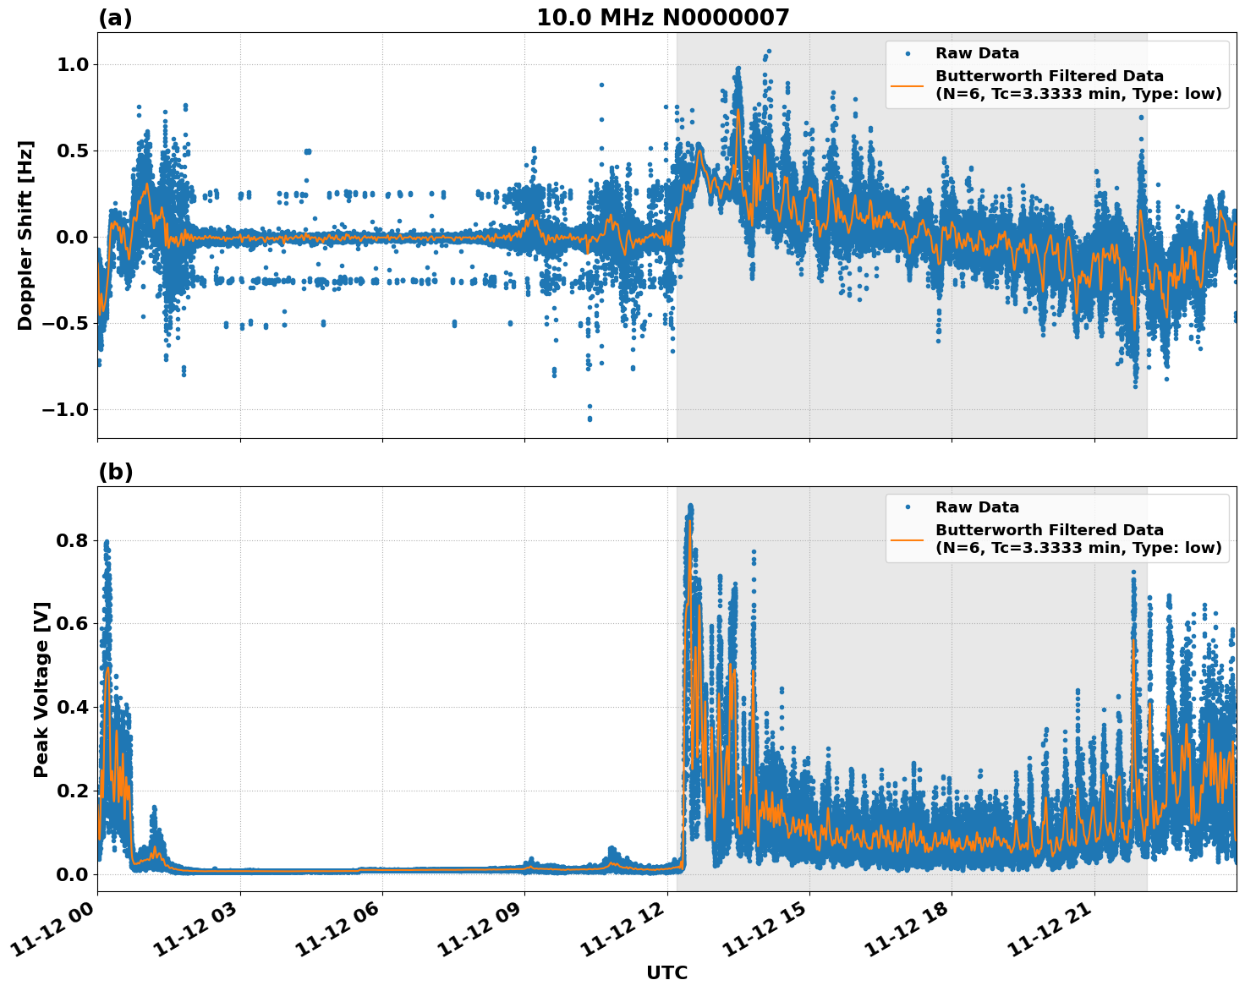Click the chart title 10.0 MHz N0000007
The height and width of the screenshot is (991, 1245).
[662, 18]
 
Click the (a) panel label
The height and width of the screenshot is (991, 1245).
[115, 18]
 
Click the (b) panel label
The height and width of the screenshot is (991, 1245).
[115, 472]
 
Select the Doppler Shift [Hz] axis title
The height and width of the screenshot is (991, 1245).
[25, 235]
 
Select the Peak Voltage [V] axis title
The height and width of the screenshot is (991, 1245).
[41, 689]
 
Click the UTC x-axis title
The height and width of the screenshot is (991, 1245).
[666, 972]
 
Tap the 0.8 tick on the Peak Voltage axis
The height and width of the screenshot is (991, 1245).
[73, 540]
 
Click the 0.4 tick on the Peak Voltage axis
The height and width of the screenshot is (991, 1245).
[73, 707]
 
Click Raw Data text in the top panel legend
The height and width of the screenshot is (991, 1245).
[977, 53]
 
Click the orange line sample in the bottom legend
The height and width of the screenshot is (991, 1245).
[908, 539]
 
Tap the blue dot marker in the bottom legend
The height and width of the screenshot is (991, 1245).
[908, 507]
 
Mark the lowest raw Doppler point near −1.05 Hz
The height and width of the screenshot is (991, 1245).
[590, 419]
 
